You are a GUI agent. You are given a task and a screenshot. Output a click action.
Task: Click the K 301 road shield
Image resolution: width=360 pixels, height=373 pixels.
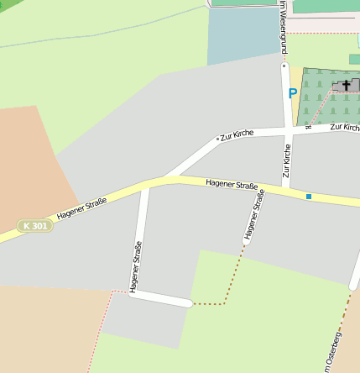point(35,226)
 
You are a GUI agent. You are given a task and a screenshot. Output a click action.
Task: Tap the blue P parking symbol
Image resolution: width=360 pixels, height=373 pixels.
point(293,94)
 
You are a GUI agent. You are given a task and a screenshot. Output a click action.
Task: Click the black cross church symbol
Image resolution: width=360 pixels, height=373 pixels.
point(346,85)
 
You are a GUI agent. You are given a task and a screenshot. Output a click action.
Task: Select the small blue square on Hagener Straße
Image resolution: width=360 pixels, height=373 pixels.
point(309,197)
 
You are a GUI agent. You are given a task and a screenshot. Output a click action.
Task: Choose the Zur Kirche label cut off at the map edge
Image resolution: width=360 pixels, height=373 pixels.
point(345,127)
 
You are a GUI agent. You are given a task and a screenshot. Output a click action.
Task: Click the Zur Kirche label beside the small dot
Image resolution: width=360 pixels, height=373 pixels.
point(237,134)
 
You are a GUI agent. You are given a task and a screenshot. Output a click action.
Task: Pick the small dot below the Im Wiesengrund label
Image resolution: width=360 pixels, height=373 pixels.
point(284,64)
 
